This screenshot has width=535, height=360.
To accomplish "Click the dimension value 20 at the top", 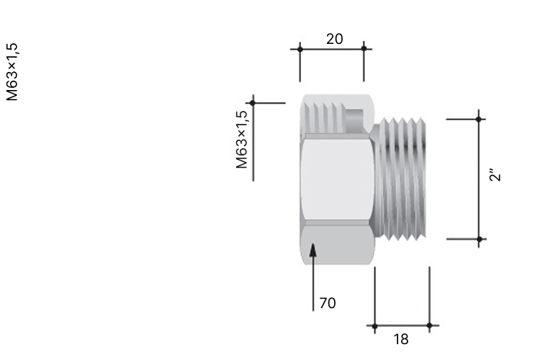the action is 334,39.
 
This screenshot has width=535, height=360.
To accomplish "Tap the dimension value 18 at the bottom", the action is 401,339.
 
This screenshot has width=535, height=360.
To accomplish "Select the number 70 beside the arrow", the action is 328,303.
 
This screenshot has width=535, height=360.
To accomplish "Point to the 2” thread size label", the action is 495,174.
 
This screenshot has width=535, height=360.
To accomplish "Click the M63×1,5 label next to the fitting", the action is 241,140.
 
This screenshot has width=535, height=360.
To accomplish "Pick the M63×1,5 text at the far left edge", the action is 12,72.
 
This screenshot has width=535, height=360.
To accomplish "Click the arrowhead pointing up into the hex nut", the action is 313,249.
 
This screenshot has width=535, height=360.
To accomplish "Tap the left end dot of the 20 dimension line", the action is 300,49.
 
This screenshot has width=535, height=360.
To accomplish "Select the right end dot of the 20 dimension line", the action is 364,48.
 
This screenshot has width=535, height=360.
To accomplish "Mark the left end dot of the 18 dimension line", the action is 375,326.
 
